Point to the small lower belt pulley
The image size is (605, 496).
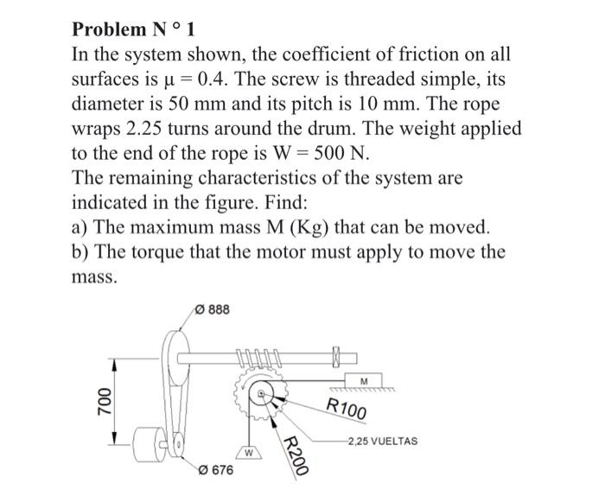178,446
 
